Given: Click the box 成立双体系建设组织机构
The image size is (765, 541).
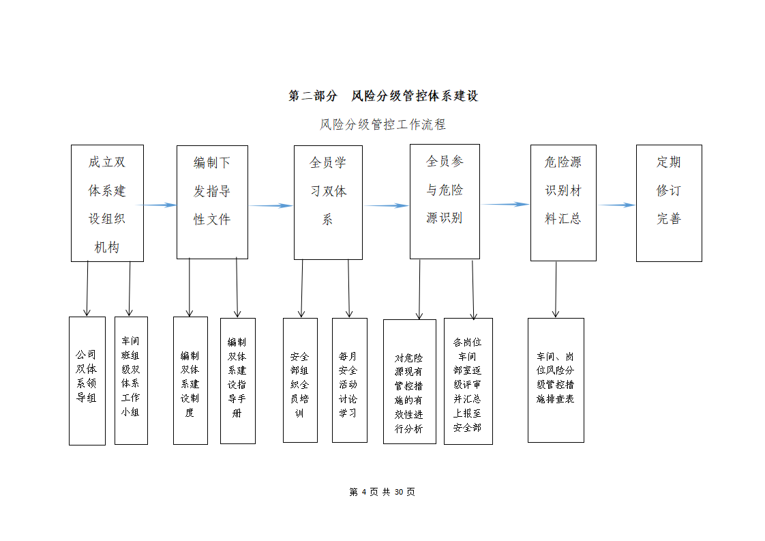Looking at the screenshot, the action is (x=107, y=203).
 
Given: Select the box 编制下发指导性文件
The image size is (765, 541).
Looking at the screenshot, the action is (x=212, y=202).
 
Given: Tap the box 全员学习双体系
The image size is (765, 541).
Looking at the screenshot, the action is (x=329, y=203).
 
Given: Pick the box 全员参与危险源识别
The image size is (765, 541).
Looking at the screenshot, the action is (x=445, y=202).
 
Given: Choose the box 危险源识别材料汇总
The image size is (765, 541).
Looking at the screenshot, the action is (x=563, y=203).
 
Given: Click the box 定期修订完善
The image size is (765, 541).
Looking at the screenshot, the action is (x=670, y=203).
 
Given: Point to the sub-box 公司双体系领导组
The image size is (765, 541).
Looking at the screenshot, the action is (x=87, y=381).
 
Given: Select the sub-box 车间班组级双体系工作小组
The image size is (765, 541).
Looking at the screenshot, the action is (x=131, y=381).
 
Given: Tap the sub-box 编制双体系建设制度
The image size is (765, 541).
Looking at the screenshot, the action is (x=191, y=381).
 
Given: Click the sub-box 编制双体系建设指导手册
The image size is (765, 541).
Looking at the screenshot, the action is (x=238, y=381).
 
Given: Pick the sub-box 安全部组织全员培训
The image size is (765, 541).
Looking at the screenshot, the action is (x=301, y=381).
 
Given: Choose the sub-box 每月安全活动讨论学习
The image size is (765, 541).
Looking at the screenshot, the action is (x=350, y=381).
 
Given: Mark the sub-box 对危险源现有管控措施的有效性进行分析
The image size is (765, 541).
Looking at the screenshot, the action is (x=410, y=381).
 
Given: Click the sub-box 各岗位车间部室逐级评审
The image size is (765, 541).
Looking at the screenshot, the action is (x=468, y=381).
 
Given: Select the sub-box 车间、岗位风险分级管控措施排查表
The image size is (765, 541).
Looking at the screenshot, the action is (x=556, y=381).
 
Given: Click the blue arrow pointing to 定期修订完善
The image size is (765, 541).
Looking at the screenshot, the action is (x=616, y=205).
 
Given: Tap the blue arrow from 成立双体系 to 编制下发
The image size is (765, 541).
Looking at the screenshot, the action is (x=156, y=205).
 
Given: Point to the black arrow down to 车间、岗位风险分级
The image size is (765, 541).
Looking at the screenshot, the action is (x=556, y=289).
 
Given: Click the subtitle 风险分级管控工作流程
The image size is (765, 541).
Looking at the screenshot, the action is (x=382, y=125).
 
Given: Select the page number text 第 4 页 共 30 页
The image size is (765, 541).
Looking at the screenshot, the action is (x=382, y=492).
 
